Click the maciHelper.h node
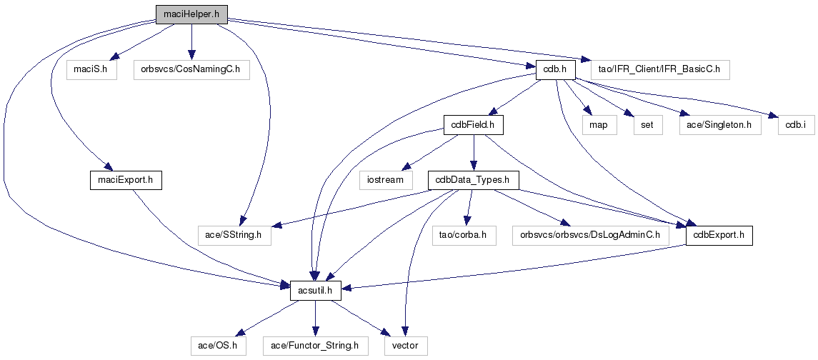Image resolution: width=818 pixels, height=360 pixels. (x=190, y=13)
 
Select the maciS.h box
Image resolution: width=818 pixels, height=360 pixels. (x=91, y=70)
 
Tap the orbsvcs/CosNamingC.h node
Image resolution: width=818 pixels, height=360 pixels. (x=191, y=70)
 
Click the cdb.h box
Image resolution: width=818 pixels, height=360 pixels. (x=554, y=70)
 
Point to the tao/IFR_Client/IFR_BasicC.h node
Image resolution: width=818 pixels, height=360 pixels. (x=660, y=70)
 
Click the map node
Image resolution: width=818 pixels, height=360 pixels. (x=598, y=125)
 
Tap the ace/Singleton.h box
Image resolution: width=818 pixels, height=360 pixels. (x=717, y=125)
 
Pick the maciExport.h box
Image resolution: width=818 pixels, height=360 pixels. (x=125, y=180)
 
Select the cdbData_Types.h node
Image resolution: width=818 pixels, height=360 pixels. (x=473, y=180)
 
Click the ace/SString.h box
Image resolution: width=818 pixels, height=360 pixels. (x=234, y=235)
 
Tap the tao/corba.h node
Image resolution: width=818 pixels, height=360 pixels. (x=462, y=235)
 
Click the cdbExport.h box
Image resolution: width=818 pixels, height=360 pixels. (x=719, y=235)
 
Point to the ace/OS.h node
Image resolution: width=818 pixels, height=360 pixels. (x=218, y=346)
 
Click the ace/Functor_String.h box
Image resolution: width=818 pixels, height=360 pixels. (x=315, y=346)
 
